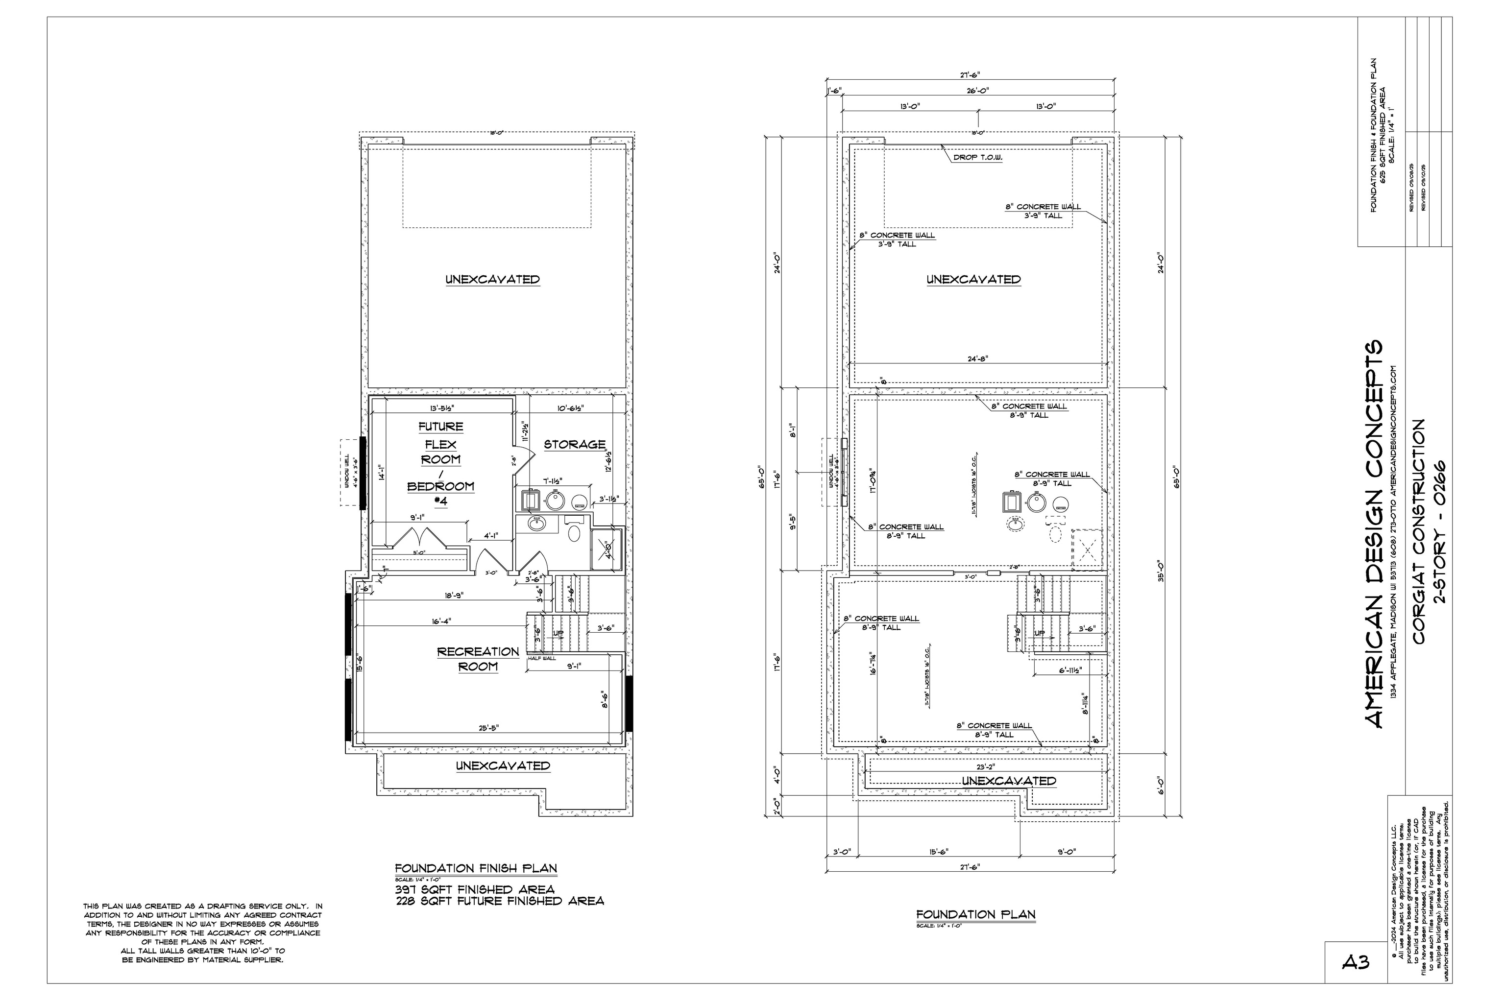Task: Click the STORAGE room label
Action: (574, 444)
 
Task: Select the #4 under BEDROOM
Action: (441, 501)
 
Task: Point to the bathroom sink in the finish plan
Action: (537, 525)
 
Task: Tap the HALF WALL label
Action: (542, 658)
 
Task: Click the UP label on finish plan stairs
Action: (558, 633)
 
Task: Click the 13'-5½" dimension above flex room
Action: (441, 407)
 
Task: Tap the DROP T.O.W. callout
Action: (977, 157)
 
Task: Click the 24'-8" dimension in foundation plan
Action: (978, 359)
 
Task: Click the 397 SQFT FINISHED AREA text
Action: (475, 889)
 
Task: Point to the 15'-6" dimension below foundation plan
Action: (938, 851)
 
